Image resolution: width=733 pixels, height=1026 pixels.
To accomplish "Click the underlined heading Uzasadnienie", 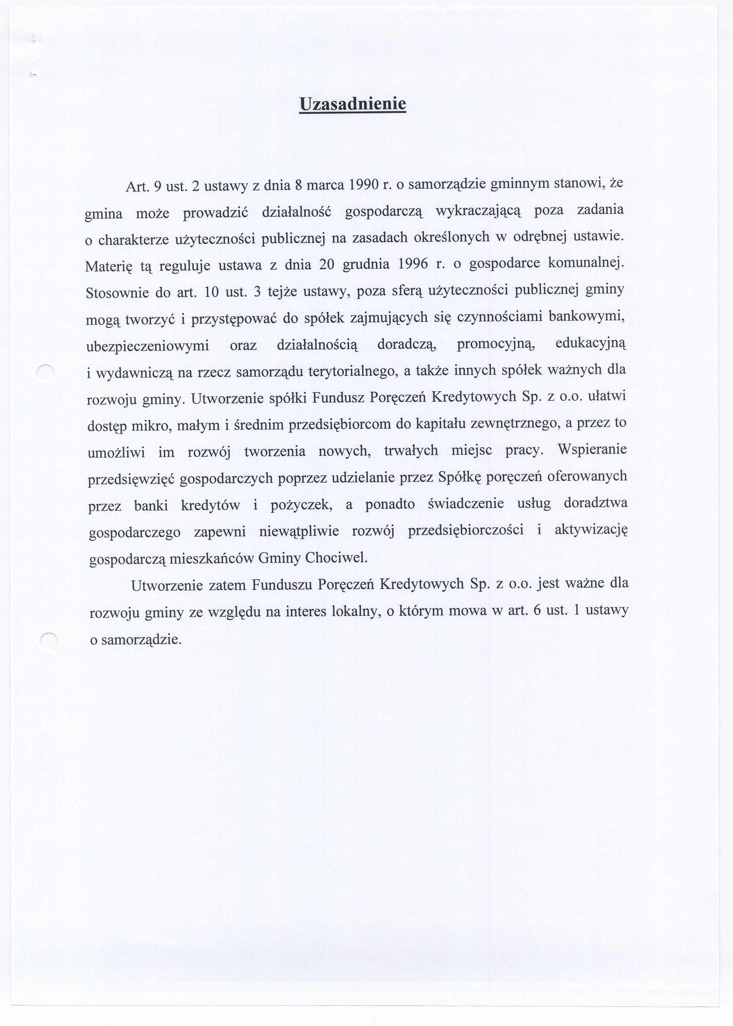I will click(353, 104).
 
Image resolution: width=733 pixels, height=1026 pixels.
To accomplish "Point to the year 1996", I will click(413, 264).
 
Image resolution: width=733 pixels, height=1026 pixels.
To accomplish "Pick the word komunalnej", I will click(586, 262).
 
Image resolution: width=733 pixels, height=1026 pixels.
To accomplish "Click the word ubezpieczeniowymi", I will click(147, 346).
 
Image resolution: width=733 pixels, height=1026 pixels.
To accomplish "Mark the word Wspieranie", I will click(592, 449).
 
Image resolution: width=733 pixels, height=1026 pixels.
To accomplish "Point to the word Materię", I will click(109, 267).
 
